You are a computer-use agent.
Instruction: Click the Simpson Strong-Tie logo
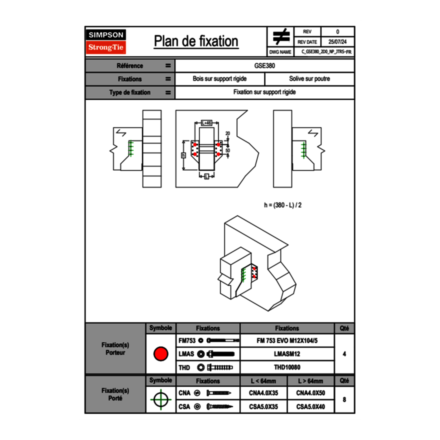[x=106, y=41]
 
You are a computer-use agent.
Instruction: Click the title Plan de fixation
[x=196, y=41]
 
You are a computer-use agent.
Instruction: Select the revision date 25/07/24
[x=337, y=42]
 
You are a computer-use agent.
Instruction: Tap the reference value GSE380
[x=264, y=65]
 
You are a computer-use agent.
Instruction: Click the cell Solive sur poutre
[x=309, y=79]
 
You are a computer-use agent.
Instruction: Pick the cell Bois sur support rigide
[x=220, y=79]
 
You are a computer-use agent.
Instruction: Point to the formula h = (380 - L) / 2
[x=282, y=205]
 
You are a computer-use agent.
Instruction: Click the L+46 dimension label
[x=206, y=122]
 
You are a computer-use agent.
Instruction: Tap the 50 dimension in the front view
[x=227, y=150]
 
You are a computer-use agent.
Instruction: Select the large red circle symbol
[x=161, y=354]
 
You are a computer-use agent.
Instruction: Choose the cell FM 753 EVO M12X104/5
[x=286, y=340]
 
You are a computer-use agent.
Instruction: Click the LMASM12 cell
[x=286, y=354]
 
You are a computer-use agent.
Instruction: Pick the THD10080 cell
[x=286, y=367]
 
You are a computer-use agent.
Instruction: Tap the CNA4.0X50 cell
[x=310, y=393]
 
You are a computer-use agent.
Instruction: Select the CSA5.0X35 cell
[x=263, y=407]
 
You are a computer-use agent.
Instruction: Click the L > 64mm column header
[x=310, y=381]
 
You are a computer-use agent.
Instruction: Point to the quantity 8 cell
[x=344, y=399]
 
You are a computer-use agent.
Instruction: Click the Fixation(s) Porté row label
[x=115, y=394]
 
